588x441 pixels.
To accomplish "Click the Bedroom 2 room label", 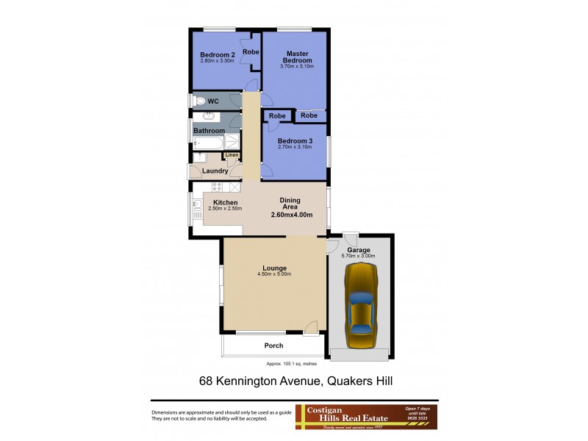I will [x=218, y=55].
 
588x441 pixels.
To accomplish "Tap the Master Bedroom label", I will [x=297, y=57].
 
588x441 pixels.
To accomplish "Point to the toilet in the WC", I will [x=199, y=101].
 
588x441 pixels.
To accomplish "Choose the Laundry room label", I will [x=215, y=171].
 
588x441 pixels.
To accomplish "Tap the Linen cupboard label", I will [x=232, y=155].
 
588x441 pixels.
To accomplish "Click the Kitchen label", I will [x=225, y=202].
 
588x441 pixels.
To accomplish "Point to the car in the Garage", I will [x=361, y=306].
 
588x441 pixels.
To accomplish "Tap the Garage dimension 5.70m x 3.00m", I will [x=359, y=256].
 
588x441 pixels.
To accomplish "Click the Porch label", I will [x=273, y=345].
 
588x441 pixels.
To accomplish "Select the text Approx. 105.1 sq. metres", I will [x=294, y=364].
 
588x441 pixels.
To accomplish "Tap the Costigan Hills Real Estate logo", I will [x=366, y=416].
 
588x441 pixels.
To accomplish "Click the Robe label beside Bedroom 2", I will [x=251, y=52].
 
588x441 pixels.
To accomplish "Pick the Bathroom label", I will [x=209, y=131].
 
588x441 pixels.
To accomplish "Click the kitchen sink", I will [x=197, y=205].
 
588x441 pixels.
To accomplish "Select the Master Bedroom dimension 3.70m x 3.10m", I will [x=297, y=66].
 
